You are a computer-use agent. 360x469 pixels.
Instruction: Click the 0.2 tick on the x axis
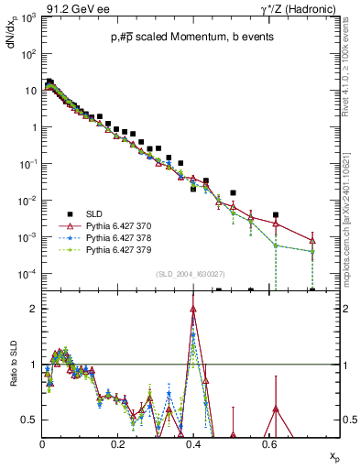click(117, 442)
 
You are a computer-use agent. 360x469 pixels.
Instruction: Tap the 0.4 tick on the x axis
click(192, 442)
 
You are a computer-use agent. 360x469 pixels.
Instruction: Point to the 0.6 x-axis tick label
click(267, 442)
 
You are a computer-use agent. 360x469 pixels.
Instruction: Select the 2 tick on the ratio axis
click(33, 309)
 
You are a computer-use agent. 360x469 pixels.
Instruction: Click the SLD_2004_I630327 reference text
click(191, 274)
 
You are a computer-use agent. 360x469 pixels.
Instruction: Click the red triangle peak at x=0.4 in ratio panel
click(193, 309)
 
